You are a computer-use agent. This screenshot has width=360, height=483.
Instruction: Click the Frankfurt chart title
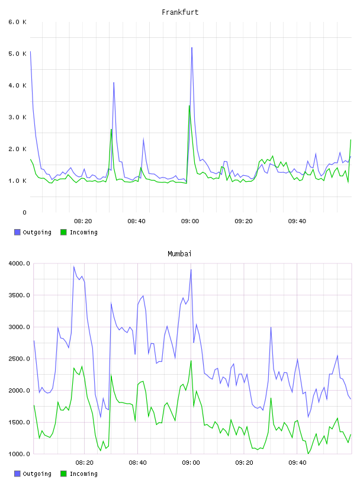click(180, 12)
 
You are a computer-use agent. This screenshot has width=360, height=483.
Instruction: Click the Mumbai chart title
click(179, 254)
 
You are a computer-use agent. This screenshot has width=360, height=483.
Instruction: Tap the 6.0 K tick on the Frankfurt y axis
click(18, 22)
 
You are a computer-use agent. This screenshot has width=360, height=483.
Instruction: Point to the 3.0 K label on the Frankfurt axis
click(18, 117)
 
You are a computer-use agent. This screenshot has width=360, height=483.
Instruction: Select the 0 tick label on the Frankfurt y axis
click(24, 212)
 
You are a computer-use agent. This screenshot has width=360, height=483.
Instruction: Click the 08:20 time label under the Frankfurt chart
click(83, 221)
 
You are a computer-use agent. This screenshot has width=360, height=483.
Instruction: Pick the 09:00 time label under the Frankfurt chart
click(190, 221)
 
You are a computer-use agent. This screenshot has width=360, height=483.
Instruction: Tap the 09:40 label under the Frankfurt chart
click(297, 221)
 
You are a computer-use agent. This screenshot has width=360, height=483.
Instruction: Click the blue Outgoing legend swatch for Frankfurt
click(17, 232)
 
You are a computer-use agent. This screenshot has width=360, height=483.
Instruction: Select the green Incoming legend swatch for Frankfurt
click(63, 232)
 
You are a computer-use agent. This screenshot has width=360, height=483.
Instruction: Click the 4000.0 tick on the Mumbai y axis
click(20, 263)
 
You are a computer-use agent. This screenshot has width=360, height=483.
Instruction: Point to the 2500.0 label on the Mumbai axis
click(20, 359)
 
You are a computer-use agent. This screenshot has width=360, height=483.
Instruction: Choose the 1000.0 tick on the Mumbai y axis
click(20, 454)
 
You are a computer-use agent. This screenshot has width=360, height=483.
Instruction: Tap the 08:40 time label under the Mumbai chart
click(137, 463)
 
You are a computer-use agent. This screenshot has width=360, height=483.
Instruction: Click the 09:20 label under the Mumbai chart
click(244, 463)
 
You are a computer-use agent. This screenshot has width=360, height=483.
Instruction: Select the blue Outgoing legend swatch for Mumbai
click(17, 474)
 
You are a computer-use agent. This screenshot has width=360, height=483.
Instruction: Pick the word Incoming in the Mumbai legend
click(83, 474)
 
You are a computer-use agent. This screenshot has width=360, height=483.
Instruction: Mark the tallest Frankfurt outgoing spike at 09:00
click(192, 48)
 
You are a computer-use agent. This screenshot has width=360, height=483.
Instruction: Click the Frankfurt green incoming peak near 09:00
click(189, 105)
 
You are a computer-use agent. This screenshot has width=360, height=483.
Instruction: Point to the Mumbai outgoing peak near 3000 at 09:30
click(271, 327)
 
